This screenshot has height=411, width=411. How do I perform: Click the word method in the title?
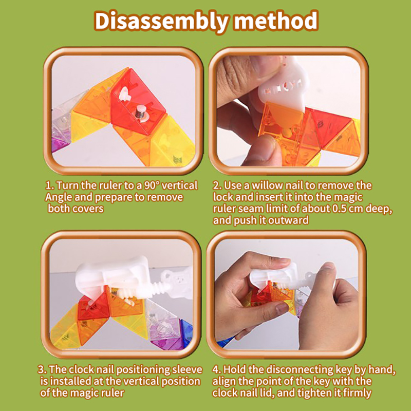point(276,21)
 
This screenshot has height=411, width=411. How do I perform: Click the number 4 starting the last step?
point(215,369)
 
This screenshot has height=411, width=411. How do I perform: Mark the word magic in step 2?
point(349,197)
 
